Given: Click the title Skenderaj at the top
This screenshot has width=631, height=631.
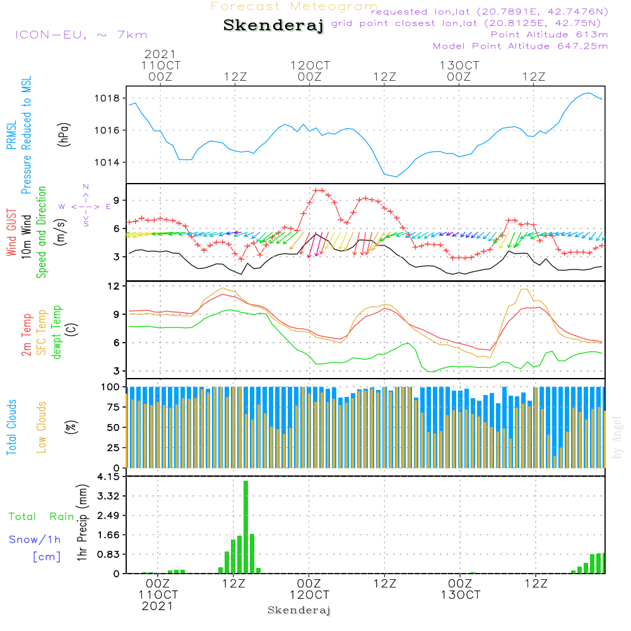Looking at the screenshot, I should [273, 26].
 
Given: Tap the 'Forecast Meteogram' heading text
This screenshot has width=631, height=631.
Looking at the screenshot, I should [294, 6].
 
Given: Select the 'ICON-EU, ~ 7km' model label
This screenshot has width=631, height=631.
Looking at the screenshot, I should [81, 35].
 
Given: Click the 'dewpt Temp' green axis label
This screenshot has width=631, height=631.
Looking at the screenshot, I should [57, 333].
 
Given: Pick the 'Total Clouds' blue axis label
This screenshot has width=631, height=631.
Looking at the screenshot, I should [11, 427].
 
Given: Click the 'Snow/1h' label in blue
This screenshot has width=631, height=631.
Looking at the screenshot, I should [35, 540].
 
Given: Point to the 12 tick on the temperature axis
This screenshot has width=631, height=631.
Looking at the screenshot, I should [113, 286].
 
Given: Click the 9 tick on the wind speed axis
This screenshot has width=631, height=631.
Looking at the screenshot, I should [116, 200].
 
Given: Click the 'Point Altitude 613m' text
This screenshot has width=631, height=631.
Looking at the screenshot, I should [549, 34].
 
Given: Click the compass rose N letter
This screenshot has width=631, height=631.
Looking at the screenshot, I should [86, 187].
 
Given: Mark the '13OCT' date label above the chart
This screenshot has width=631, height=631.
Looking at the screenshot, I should [460, 66].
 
